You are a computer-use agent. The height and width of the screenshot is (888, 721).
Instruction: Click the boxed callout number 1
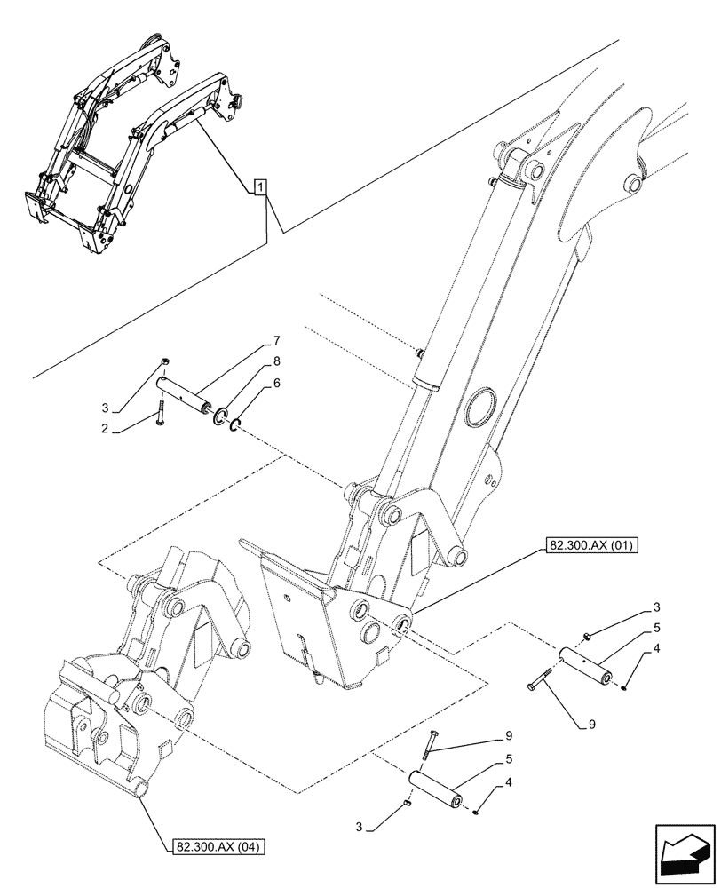[258, 186]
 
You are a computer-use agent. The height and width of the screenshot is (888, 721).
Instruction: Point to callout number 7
[276, 341]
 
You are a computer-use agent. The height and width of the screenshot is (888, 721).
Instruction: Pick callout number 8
[276, 361]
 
